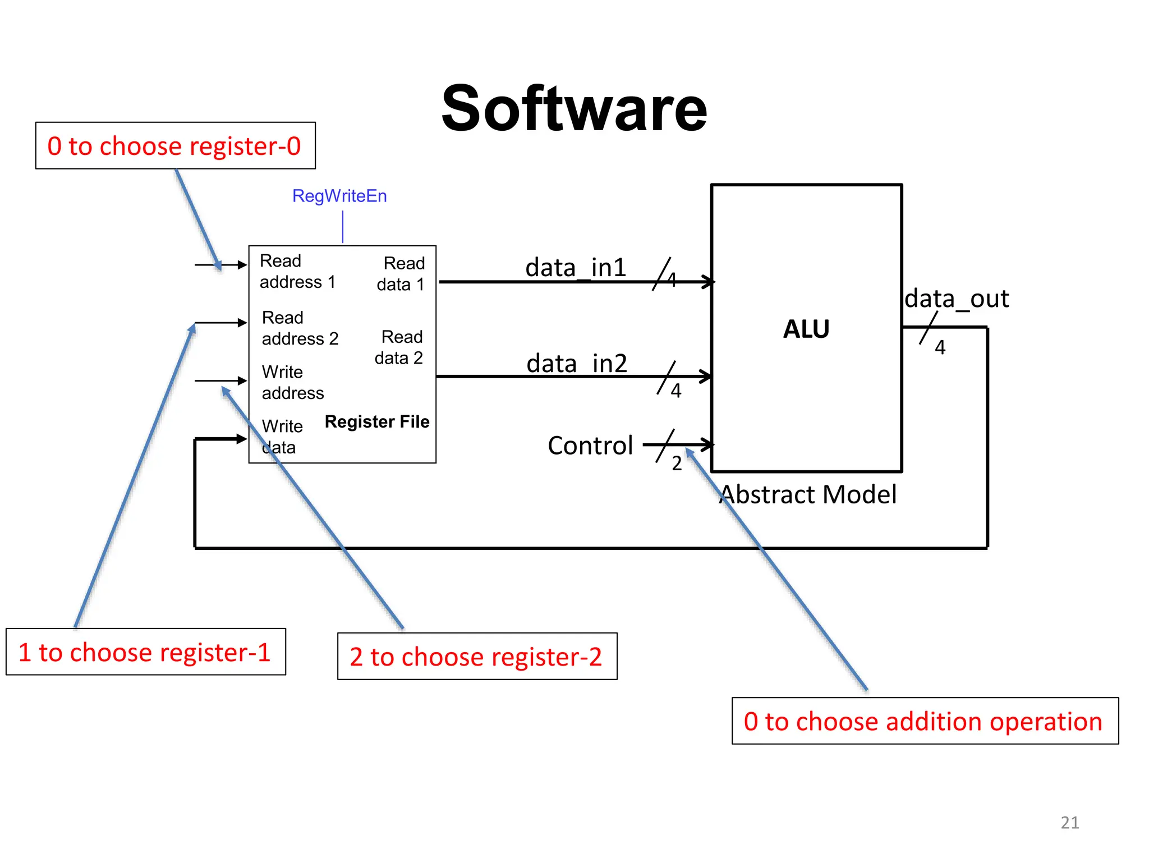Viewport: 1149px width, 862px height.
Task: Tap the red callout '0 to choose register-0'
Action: (175, 146)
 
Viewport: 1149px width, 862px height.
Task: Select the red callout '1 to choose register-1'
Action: (145, 652)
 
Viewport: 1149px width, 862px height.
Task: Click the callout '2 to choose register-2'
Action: (477, 657)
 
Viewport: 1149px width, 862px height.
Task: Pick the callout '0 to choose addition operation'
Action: (925, 721)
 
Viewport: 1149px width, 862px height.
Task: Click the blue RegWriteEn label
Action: (339, 196)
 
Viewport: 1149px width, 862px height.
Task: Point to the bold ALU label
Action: (806, 329)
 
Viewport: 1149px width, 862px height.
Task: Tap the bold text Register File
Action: (377, 421)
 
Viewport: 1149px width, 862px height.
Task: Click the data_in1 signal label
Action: (576, 267)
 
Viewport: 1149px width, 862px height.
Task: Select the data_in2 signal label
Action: (576, 364)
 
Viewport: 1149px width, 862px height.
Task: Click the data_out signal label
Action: (957, 299)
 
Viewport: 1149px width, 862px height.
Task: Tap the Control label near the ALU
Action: (590, 446)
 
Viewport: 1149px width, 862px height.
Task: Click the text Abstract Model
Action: (808, 494)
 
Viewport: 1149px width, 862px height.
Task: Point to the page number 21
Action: (1070, 823)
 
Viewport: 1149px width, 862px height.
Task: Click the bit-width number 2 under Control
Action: (677, 464)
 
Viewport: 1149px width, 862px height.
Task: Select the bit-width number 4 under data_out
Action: (940, 348)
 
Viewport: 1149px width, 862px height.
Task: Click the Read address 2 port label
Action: (300, 328)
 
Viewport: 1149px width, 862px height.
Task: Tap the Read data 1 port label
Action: (401, 274)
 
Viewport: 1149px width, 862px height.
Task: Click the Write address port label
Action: (292, 382)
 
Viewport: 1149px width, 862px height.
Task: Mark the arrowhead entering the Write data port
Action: (242, 439)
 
